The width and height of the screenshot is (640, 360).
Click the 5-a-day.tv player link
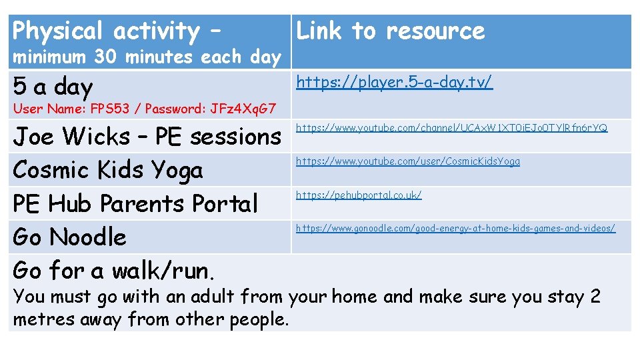(x=394, y=83)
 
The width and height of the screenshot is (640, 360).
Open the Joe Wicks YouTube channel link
(x=451, y=127)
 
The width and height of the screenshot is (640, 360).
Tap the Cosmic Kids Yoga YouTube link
(x=407, y=161)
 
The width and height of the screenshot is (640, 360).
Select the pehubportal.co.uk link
(x=359, y=195)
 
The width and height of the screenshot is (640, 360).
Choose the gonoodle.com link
(x=455, y=228)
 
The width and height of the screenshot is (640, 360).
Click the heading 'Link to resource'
(x=390, y=31)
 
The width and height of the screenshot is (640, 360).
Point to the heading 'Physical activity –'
(x=117, y=31)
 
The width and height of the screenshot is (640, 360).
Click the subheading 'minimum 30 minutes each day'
(x=147, y=57)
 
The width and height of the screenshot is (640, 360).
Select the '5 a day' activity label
(x=53, y=86)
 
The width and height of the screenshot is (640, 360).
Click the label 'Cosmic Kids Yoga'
(x=107, y=170)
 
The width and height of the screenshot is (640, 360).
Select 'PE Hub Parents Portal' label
(x=135, y=203)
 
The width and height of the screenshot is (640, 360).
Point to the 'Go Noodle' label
(x=69, y=237)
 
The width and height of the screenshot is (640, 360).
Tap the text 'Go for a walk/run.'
(x=113, y=271)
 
